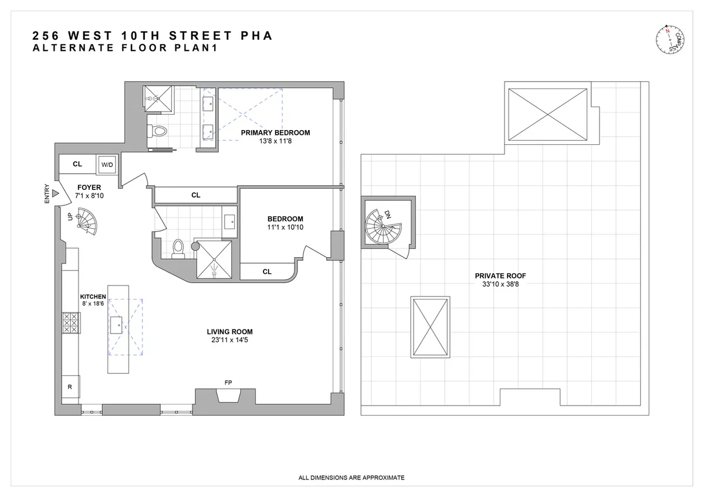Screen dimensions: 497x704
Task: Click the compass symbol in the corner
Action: click(671, 42)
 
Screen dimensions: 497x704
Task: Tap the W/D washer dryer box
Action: click(107, 165)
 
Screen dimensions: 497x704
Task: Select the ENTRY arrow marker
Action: click(55, 193)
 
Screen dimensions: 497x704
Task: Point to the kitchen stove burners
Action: click(71, 323)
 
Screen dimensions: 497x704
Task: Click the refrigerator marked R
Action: click(70, 387)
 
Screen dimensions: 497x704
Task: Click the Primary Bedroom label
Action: click(275, 132)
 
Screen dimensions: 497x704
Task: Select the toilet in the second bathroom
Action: click(178, 249)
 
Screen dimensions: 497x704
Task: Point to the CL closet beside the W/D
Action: click(77, 165)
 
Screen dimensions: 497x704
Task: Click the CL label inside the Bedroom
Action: click(267, 271)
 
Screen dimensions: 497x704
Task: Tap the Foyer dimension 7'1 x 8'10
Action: click(89, 196)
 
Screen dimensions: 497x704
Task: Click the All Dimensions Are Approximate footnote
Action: click(351, 478)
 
